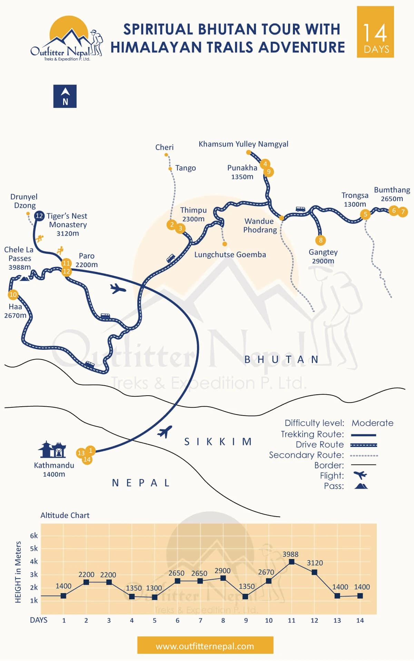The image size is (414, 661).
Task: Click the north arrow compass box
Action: (x=65, y=96)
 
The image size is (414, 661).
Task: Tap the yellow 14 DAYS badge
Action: (x=375, y=32)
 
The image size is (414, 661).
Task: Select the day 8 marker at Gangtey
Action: (x=321, y=240)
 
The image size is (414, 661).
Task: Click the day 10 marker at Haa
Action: (x=13, y=295)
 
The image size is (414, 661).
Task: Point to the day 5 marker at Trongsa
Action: (x=365, y=214)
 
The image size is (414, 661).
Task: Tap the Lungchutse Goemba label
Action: (x=230, y=255)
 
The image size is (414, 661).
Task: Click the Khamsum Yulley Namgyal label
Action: (x=243, y=144)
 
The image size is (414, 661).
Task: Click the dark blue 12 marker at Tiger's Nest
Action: (x=39, y=216)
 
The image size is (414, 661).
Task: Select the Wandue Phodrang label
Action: (x=260, y=225)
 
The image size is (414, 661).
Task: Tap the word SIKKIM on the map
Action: (x=218, y=442)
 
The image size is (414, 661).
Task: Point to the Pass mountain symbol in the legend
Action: (x=361, y=486)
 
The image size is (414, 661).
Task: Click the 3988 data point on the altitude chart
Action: (x=292, y=562)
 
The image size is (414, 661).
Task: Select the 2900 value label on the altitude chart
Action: (x=222, y=571)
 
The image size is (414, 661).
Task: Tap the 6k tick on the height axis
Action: (x=34, y=536)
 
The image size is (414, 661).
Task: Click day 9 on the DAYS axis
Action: (x=246, y=620)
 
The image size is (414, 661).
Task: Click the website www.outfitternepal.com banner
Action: (x=205, y=646)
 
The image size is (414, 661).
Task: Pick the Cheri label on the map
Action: (x=164, y=148)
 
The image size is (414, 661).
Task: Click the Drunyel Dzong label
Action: (x=24, y=201)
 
